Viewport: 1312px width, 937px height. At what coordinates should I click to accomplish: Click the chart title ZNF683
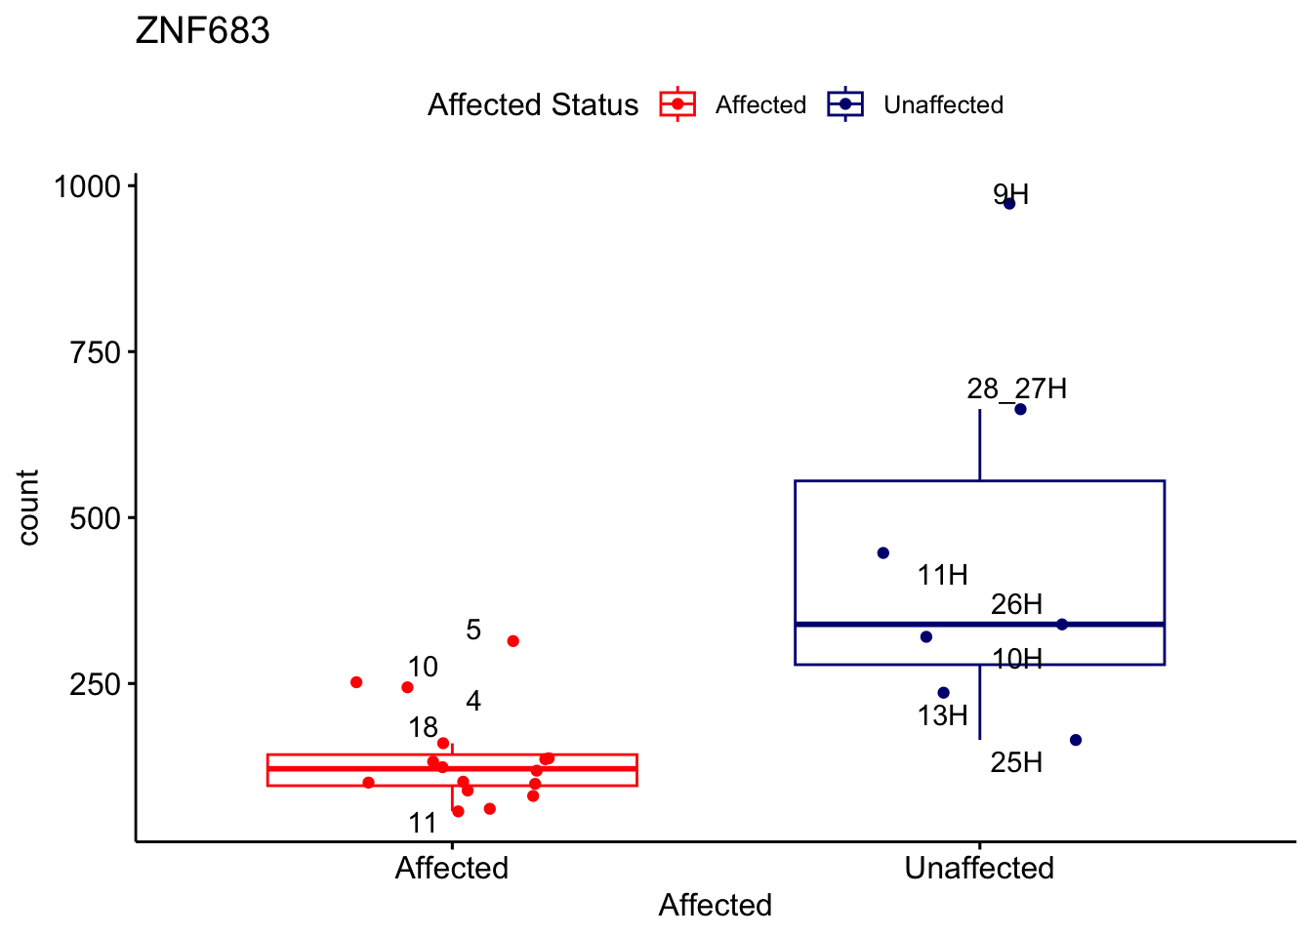pos(203,31)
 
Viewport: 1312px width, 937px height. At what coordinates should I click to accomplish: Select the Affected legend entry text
pos(760,105)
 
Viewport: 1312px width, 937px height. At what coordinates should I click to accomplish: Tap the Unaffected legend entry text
pos(943,105)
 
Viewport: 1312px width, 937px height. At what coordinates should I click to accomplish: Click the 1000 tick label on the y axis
pos(87,186)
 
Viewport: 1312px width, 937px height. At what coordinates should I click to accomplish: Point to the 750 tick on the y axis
pos(96,352)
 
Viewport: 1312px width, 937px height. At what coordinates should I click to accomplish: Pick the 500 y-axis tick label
pos(96,518)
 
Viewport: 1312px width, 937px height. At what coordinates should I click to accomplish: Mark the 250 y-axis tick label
pos(96,684)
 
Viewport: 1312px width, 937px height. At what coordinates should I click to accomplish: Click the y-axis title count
pos(27,508)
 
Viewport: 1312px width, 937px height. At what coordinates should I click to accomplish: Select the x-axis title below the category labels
pos(715,905)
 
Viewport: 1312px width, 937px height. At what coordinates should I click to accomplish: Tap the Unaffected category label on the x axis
pos(979,868)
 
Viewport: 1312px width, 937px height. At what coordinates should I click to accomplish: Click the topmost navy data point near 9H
pos(1009,203)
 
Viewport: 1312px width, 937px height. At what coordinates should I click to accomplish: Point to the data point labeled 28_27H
pos(1020,409)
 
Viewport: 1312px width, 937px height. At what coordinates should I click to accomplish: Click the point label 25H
pos(1016,762)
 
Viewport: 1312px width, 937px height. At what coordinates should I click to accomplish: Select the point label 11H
pos(942,575)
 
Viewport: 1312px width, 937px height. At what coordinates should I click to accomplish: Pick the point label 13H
pos(942,715)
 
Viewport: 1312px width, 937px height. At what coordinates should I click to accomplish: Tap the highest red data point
pos(512,641)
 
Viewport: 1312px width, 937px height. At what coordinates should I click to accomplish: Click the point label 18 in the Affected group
pos(423,727)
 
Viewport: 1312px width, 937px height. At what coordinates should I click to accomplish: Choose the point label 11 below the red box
pos(423,823)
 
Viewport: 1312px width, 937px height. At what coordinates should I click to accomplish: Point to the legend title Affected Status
pos(533,105)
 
